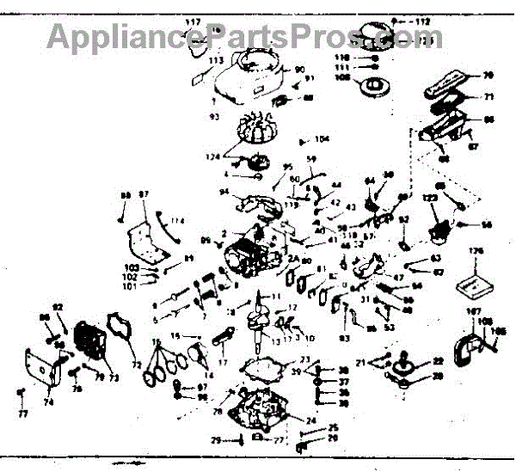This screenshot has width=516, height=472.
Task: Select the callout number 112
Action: (421, 18)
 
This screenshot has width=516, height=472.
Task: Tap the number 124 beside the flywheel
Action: (212, 156)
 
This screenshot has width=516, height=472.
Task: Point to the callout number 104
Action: (322, 139)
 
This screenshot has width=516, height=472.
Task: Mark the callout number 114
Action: (177, 221)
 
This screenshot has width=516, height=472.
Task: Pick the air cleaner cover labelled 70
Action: (451, 90)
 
